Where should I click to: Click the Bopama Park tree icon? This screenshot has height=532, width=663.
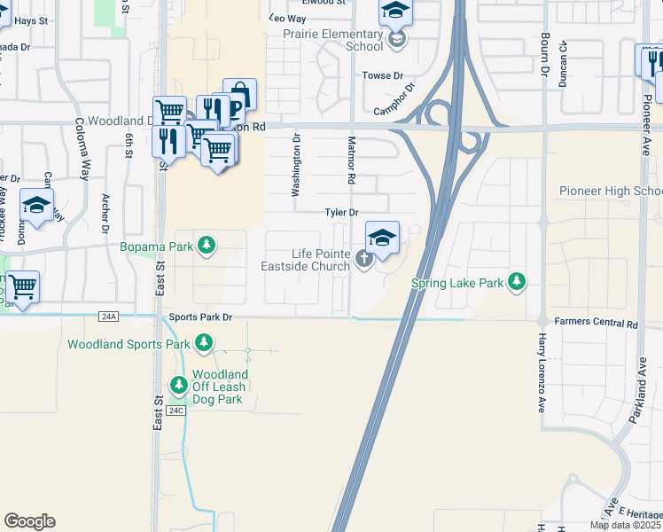(207, 244)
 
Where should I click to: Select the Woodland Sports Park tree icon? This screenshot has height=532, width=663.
(204, 343)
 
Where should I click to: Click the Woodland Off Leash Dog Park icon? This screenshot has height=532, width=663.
(179, 385)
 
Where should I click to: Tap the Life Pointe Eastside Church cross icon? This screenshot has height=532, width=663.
(363, 259)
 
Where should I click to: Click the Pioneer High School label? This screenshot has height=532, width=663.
(610, 192)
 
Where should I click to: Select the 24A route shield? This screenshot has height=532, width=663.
(109, 316)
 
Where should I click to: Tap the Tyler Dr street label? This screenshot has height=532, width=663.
(341, 213)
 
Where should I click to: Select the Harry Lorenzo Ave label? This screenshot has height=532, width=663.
(542, 372)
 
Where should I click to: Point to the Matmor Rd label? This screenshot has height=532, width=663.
(352, 160)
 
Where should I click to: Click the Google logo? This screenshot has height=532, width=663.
(29, 521)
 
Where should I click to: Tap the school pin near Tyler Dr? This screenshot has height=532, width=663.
(382, 238)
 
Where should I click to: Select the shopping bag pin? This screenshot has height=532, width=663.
(239, 94)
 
